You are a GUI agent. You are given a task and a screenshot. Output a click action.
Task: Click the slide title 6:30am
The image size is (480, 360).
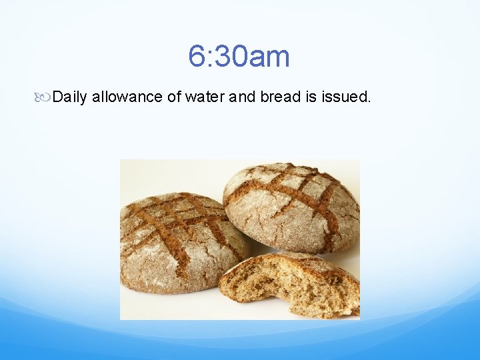239,57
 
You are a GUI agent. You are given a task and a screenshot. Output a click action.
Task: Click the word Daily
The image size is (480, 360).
70,97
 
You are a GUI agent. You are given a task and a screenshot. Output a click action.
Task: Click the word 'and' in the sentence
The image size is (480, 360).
243,97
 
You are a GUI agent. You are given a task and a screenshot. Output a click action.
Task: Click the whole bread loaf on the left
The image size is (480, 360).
180,243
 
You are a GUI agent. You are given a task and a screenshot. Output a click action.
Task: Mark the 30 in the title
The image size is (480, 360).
230,57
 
